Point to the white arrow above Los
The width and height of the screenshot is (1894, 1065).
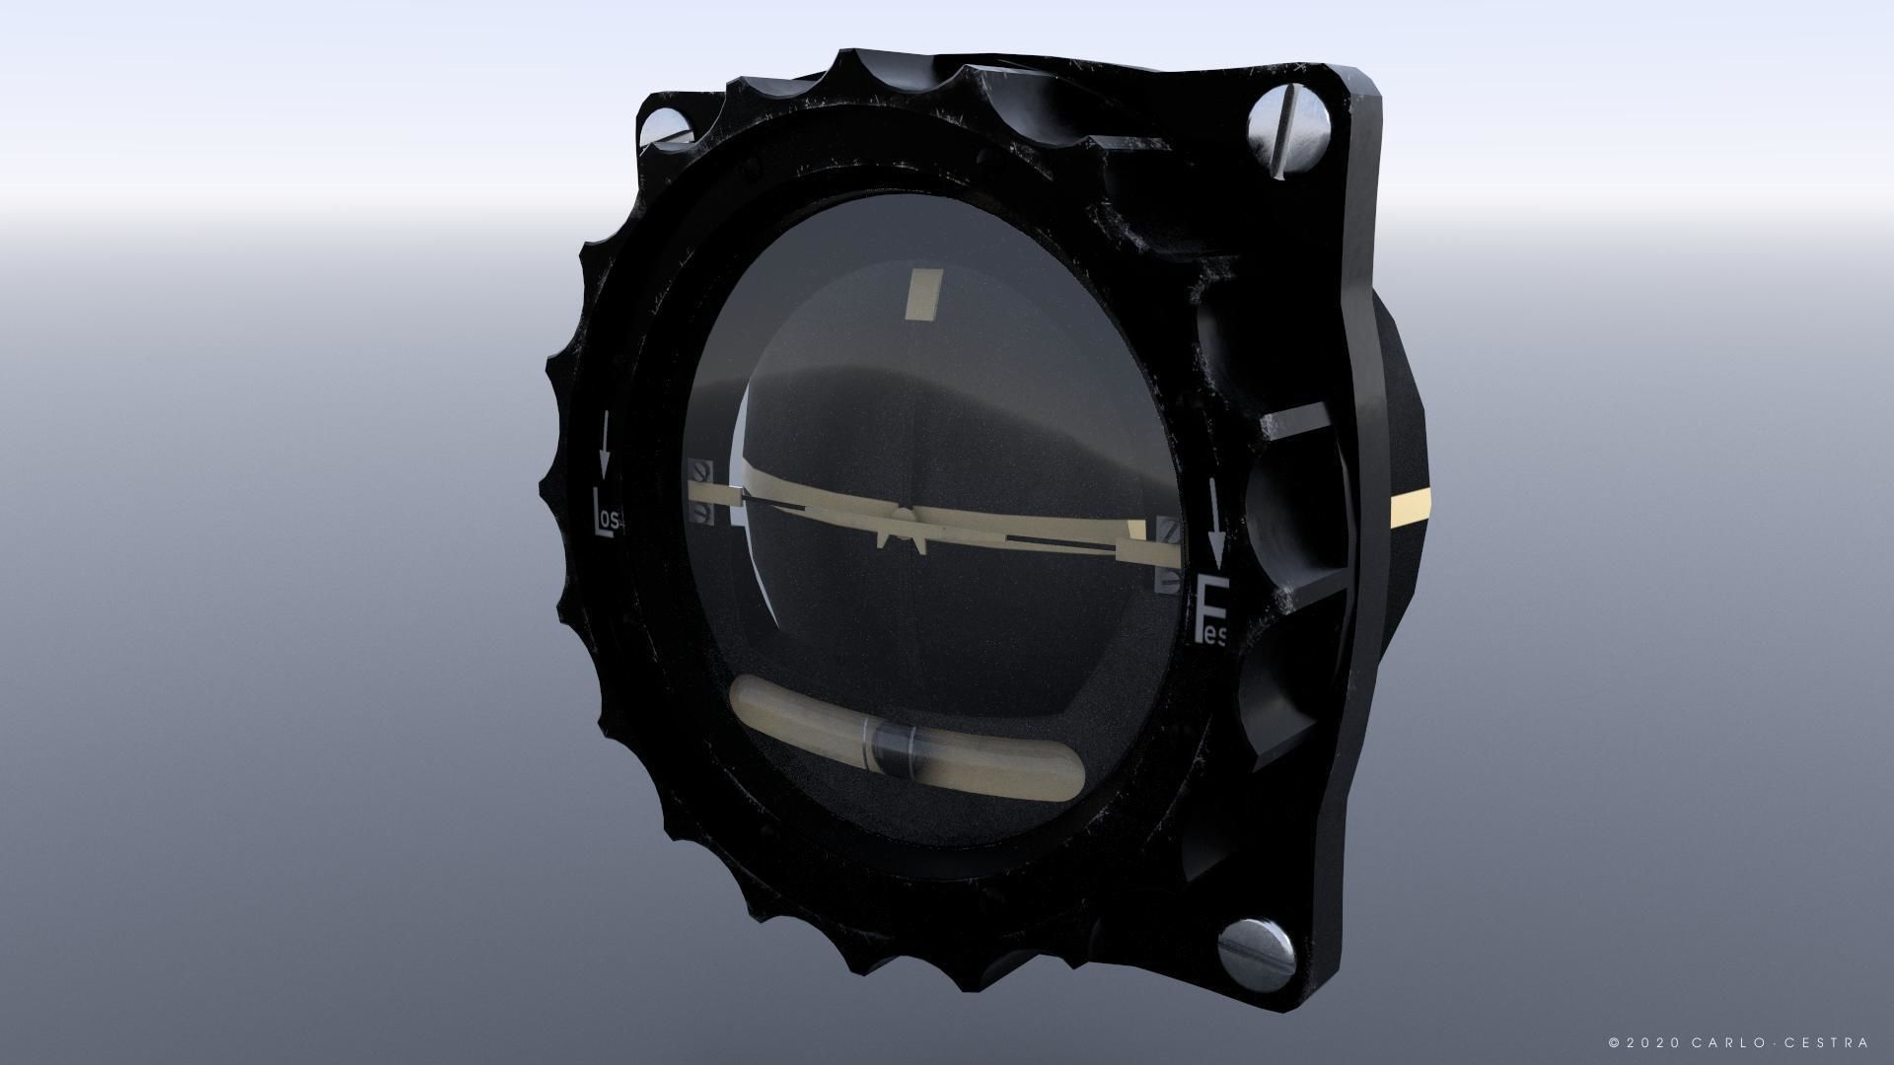point(603,440)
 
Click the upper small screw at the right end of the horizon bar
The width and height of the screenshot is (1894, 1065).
point(1170,531)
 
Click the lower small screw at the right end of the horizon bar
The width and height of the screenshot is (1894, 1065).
point(1170,578)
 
